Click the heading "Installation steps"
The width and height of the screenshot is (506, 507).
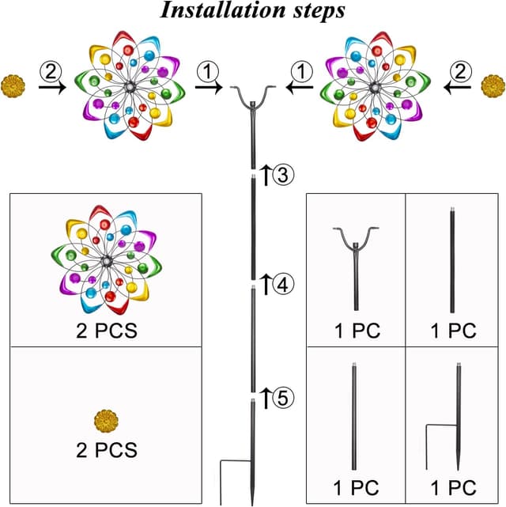[x=252, y=12]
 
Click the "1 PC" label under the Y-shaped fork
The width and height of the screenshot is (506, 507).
[x=356, y=330]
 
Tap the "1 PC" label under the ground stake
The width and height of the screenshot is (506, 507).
[x=454, y=485]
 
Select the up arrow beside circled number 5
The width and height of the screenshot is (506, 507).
[x=266, y=398]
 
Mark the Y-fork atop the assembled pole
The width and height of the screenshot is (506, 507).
[x=253, y=99]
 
